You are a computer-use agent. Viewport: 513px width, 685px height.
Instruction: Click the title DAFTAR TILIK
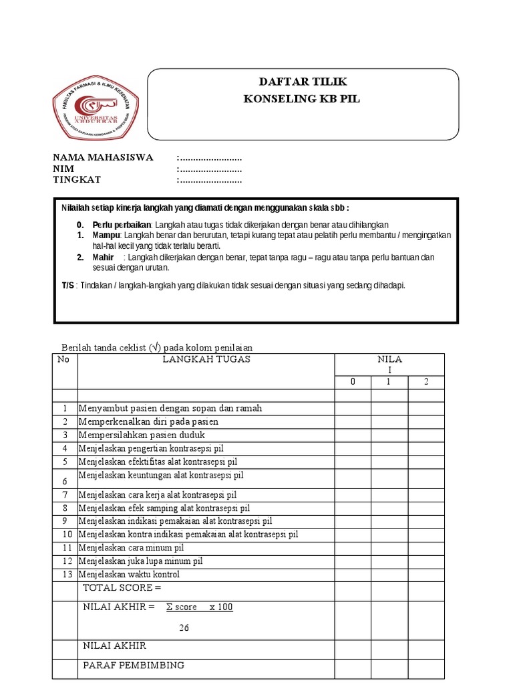[303, 82]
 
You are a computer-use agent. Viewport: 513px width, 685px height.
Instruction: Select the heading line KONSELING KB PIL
[303, 99]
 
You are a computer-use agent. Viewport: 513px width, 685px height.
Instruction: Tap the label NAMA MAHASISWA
[103, 158]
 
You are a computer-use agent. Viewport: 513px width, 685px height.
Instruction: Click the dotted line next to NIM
[209, 169]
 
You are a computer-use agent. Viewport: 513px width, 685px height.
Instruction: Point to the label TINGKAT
[77, 180]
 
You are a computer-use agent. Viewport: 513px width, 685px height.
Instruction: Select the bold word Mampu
[105, 235]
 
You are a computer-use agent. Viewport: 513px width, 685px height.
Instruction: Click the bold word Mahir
[105, 258]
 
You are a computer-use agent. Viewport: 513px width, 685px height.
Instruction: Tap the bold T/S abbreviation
[68, 285]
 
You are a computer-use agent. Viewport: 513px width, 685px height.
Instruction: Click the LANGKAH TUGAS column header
[206, 359]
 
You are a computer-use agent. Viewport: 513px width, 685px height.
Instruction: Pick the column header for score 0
[353, 381]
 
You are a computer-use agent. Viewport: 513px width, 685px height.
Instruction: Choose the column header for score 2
[426, 381]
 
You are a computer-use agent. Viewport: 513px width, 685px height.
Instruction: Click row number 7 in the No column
[65, 495]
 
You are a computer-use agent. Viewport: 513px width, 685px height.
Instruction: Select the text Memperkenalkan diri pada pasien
[148, 421]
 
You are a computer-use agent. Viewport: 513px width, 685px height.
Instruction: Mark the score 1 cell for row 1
[389, 408]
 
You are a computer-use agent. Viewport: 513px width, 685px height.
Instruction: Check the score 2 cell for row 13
[426, 574]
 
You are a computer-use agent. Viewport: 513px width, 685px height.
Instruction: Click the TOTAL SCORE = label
[122, 588]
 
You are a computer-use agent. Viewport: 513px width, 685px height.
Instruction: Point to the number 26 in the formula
[185, 627]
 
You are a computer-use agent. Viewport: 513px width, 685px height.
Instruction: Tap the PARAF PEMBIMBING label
[134, 666]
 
